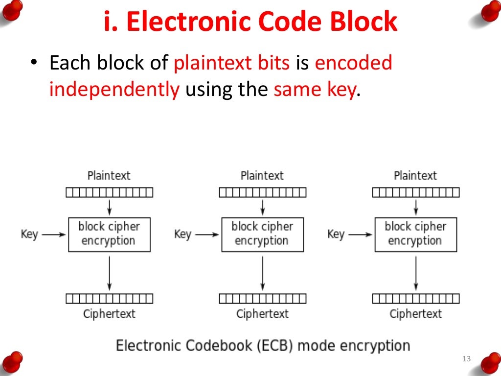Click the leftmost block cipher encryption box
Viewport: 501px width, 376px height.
(109, 235)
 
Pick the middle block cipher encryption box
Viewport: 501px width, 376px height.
(262, 235)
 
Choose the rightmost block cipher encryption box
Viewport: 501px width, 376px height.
(415, 235)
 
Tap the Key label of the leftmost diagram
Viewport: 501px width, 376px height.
(29, 234)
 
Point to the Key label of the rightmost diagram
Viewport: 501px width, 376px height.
(336, 234)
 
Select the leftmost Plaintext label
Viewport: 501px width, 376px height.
(109, 175)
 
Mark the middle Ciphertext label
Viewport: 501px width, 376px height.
(262, 314)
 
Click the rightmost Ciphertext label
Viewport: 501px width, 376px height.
(415, 314)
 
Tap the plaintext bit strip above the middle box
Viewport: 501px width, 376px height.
(262, 192)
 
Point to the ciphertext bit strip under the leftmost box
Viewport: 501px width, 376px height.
(109, 298)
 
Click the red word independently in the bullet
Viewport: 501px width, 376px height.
(114, 90)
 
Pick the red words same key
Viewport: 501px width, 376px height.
(314, 90)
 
